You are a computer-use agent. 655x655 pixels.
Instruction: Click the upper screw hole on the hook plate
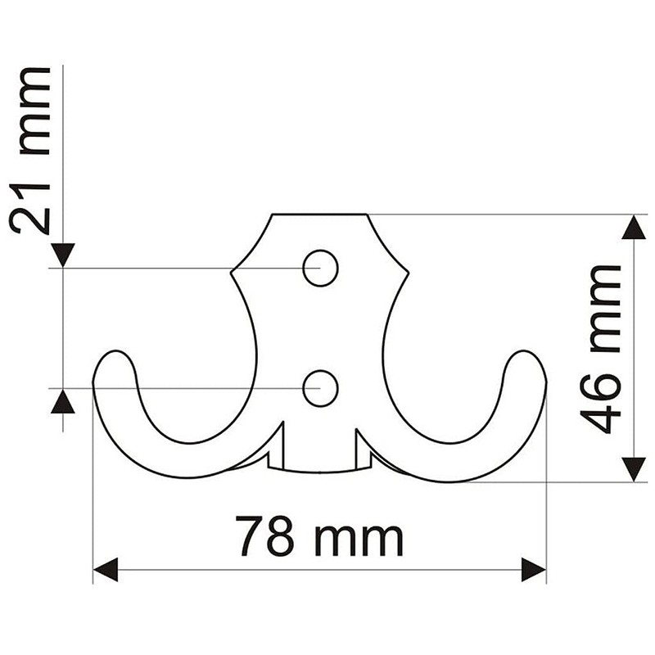[320, 268]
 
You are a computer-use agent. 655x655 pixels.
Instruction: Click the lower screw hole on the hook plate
[320, 388]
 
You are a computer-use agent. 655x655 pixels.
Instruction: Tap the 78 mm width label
[319, 536]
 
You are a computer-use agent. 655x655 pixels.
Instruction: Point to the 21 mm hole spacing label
[33, 151]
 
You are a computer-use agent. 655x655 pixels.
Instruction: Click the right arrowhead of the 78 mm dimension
[534, 569]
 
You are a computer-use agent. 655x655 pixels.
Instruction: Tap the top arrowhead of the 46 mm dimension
[634, 227]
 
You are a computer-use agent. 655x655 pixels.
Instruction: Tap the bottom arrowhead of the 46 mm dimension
[634, 469]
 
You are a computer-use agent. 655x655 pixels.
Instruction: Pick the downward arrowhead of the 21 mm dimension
[63, 255]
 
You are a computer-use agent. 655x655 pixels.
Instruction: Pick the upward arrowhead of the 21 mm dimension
[63, 401]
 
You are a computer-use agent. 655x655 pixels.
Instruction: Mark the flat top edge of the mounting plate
[319, 215]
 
